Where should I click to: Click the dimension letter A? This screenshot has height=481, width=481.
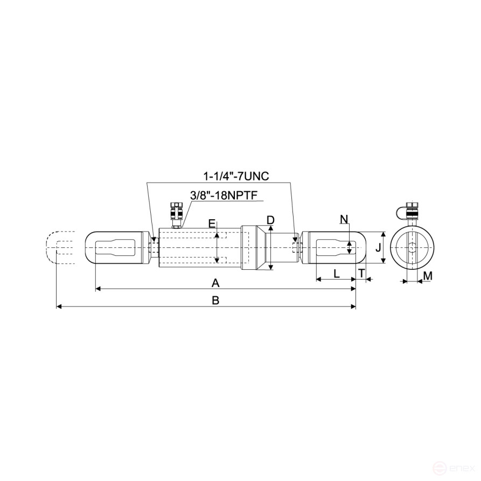pyautogui.click(x=215, y=282)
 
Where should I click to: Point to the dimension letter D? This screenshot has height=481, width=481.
pyautogui.click(x=270, y=220)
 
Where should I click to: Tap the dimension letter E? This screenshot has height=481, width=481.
pyautogui.click(x=212, y=223)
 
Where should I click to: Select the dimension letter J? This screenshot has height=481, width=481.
pyautogui.click(x=378, y=248)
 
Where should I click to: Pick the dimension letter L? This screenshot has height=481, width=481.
pyautogui.click(x=336, y=273)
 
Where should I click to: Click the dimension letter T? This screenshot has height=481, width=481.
pyautogui.click(x=361, y=273)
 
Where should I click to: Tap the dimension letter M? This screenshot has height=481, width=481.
pyautogui.click(x=427, y=276)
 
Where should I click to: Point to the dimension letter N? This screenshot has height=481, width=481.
pyautogui.click(x=345, y=218)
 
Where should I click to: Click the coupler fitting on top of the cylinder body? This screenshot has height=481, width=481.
pyautogui.click(x=175, y=214)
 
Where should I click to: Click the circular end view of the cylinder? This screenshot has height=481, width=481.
pyautogui.click(x=412, y=248)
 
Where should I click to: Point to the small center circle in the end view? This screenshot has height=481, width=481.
pyautogui.click(x=412, y=248)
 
